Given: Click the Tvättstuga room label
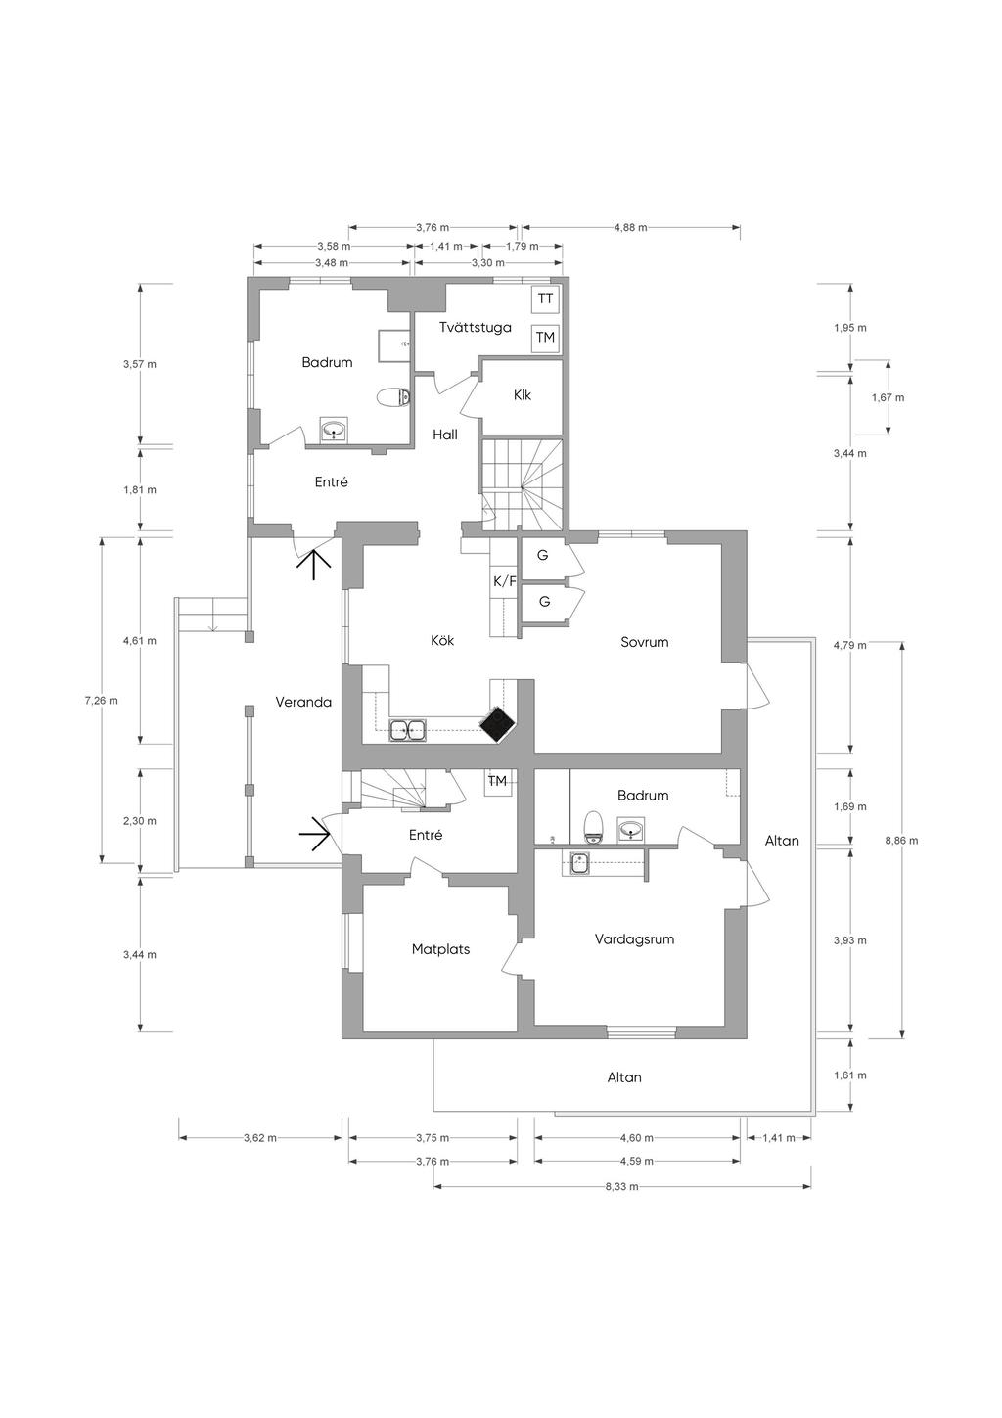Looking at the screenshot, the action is point(476,327).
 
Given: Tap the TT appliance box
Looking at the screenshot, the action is point(545,298).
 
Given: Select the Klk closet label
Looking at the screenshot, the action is point(523,395).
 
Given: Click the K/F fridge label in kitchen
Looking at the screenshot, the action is point(505,581).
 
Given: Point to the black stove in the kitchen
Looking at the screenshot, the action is point(498,724).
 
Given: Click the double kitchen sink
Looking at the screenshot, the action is point(407,730).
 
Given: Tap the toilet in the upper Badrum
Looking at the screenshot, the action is point(393,397).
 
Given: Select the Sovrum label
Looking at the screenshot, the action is point(645,642).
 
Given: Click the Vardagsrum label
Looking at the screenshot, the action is point(634,938).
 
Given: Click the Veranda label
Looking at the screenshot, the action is point(303,702).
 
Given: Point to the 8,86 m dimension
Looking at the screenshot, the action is point(901,841).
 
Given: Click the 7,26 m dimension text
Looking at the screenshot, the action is point(101,700).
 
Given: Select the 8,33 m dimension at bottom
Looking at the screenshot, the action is point(621,1186).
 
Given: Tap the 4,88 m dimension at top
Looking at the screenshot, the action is point(630,227).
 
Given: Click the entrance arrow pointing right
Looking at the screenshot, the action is point(314,835).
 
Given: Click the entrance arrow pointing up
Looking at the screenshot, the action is point(314,565).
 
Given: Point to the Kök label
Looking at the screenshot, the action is point(442,640).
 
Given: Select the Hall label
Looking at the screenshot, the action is point(445,435).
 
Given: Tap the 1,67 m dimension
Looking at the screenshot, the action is point(888,397).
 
